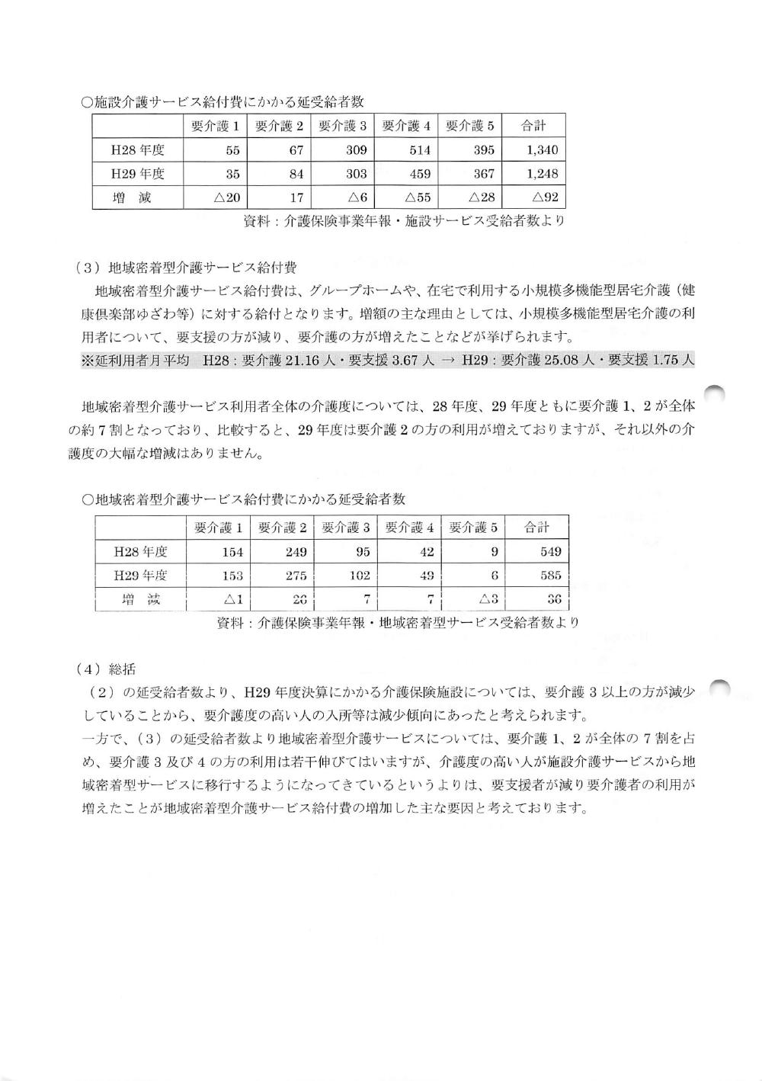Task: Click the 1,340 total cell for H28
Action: [x=542, y=150]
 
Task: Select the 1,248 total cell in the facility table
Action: [x=542, y=174]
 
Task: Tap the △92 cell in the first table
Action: [x=546, y=198]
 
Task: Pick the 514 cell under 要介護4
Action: [x=420, y=150]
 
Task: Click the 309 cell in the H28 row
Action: [x=357, y=150]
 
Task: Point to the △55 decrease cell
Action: [x=418, y=198]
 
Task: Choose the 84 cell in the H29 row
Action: [x=296, y=174]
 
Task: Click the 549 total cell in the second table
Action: [x=549, y=552]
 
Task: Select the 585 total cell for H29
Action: [x=549, y=576]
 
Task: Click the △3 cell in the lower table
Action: [x=488, y=600]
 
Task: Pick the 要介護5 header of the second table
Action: [x=473, y=528]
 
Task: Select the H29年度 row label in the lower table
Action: [x=140, y=576]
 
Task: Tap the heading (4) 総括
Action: [x=106, y=669]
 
